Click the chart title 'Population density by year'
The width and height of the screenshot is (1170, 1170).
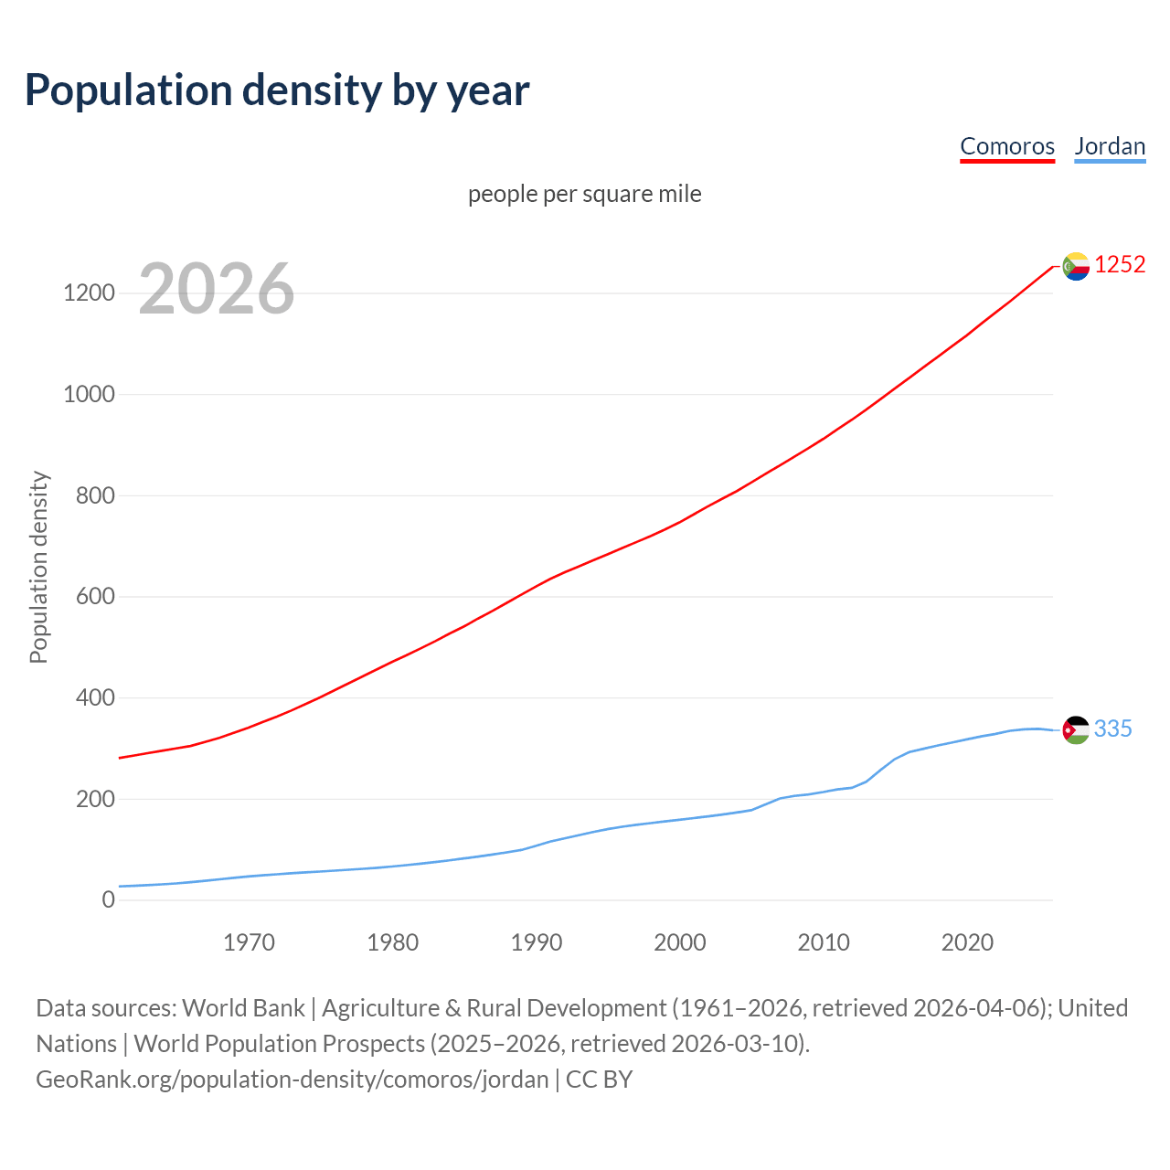277,90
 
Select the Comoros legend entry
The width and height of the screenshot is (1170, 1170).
1006,146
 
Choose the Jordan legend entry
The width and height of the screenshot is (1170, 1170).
1110,146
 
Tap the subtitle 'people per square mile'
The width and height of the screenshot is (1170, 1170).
584,194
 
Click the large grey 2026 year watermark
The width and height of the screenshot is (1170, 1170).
217,289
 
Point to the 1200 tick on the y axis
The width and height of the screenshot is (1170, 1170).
89,293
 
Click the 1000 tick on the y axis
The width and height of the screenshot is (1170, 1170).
89,395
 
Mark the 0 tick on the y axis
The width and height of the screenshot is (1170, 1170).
109,900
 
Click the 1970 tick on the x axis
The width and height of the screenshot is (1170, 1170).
249,942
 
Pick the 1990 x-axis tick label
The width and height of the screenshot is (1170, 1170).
537,942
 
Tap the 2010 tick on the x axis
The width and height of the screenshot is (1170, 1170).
824,942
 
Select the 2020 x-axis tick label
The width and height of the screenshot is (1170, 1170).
967,942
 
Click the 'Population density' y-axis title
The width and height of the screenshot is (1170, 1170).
38,567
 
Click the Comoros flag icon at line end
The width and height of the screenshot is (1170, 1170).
1076,266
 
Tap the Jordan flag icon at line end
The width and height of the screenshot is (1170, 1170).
1076,729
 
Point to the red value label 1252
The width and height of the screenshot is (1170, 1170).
1120,265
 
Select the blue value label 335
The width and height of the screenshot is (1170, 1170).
1112,729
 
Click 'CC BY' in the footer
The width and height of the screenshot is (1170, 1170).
599,1080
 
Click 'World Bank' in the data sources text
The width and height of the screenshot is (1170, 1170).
243,1008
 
